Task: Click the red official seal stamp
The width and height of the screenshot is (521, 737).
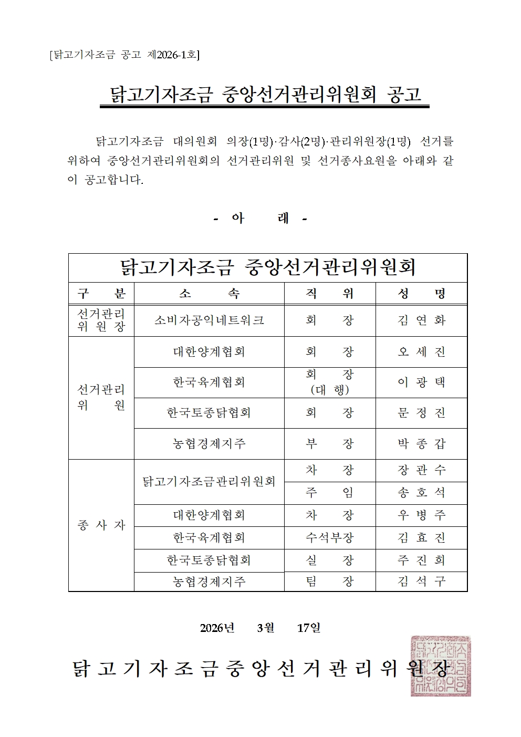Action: pos(441,666)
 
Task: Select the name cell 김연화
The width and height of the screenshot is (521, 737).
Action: pos(421,320)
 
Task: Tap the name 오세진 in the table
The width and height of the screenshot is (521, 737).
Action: pos(421,352)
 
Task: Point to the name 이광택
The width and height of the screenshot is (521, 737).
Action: pos(421,382)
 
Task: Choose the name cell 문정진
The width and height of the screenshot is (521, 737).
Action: pos(421,413)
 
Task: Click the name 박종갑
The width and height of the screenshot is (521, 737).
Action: pos(421,444)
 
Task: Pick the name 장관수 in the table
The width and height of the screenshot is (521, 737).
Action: pos(421,470)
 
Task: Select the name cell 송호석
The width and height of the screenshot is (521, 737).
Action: pos(421,493)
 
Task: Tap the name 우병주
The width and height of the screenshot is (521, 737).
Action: pos(421,515)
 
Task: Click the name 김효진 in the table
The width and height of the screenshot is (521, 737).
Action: pos(421,538)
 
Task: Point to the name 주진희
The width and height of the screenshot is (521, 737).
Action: pos(421,560)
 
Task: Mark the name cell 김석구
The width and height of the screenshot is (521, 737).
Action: pos(421,582)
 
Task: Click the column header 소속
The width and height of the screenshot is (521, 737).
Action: pos(209,294)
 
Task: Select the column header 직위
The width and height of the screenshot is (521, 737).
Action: pos(330,294)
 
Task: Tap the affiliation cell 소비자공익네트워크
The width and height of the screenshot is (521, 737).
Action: pos(209,320)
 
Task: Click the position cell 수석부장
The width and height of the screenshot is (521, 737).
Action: pos(330,538)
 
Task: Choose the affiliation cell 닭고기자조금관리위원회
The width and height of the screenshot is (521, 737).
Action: pos(209,481)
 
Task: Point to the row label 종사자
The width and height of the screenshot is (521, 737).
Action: pos(101,525)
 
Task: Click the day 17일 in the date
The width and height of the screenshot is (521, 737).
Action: pos(309,628)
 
